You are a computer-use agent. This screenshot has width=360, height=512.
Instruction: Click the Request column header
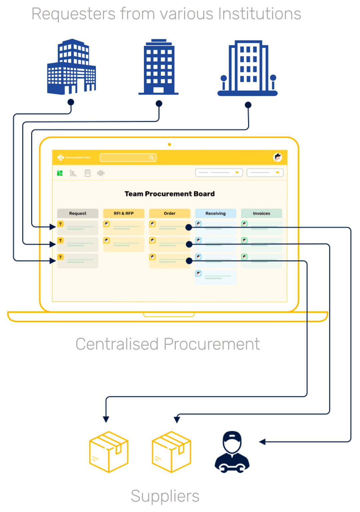click(78, 213)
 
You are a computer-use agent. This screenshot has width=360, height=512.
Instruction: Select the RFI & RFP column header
click(124, 213)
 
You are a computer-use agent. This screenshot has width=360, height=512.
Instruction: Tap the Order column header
click(170, 213)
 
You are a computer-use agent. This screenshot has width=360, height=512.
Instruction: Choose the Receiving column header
click(215, 213)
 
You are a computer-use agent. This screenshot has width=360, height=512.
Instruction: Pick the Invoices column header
click(261, 213)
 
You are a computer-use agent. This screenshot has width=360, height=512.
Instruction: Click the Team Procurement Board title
click(169, 194)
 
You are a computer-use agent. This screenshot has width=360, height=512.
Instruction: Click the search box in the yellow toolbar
click(128, 158)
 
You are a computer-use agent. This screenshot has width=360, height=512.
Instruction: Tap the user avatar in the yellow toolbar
click(277, 157)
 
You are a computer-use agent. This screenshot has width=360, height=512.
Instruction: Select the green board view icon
click(60, 173)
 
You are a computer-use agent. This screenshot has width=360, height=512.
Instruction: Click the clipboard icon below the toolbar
click(87, 173)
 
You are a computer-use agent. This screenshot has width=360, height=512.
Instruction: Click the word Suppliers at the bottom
click(165, 496)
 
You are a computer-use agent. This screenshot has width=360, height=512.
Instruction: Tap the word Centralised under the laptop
click(117, 344)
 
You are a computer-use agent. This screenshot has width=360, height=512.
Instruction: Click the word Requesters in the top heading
click(73, 14)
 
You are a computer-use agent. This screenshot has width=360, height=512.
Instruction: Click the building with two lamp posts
click(247, 69)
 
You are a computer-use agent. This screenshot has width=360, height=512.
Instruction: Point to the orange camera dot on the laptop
click(169, 145)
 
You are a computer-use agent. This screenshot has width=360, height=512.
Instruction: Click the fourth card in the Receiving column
click(215, 277)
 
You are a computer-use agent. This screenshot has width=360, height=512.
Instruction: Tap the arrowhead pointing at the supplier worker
click(262, 442)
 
